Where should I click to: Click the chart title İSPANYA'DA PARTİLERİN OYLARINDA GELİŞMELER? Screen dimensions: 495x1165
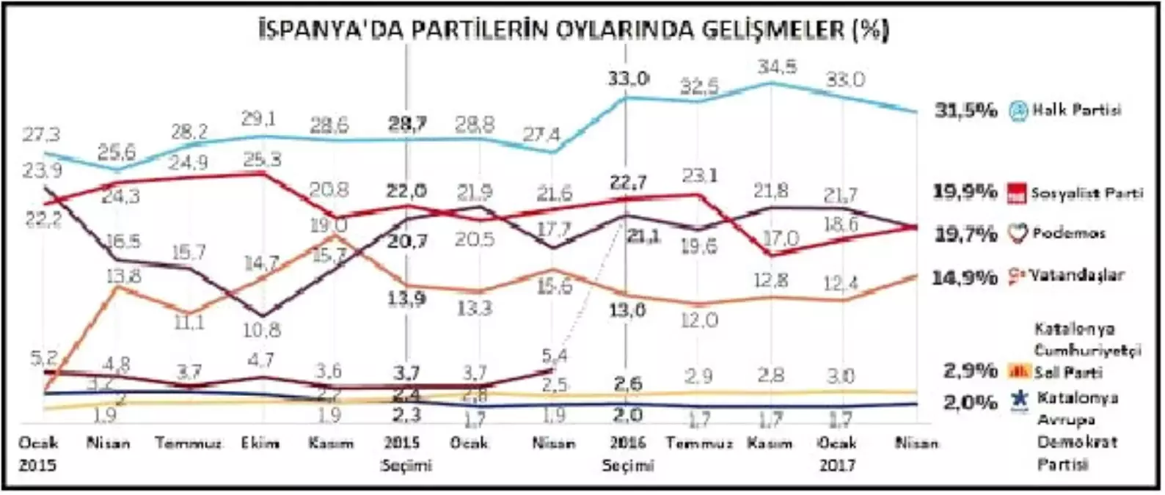pyautogui.click(x=574, y=31)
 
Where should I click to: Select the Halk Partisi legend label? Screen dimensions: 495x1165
pyautogui.click(x=1076, y=111)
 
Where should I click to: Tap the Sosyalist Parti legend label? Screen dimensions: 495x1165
pyautogui.click(x=1087, y=194)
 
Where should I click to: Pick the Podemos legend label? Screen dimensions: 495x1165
pyautogui.click(x=1068, y=233)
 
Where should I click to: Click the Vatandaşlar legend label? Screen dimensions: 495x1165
pyautogui.click(x=1076, y=276)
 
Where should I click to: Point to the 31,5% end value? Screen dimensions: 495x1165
pyautogui.click(x=965, y=111)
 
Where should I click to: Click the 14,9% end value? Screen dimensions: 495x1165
pyautogui.click(x=964, y=277)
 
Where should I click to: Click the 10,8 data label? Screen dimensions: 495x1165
pyautogui.click(x=261, y=329)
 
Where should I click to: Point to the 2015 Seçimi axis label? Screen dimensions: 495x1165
pyautogui.click(x=406, y=454)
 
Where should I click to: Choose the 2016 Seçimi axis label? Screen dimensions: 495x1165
pyautogui.click(x=627, y=454)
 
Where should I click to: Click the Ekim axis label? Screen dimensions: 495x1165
pyautogui.click(x=260, y=443)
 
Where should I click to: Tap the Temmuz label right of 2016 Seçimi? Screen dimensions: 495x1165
pyautogui.click(x=699, y=443)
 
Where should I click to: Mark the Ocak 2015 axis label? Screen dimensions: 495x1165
pyautogui.click(x=37, y=454)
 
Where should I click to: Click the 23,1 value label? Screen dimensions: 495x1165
pyautogui.click(x=700, y=175)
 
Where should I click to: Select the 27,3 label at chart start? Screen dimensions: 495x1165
pyautogui.click(x=42, y=135)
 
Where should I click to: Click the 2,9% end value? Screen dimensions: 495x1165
pyautogui.click(x=970, y=370)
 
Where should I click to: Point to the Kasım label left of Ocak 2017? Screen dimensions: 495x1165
pyautogui.click(x=770, y=443)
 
